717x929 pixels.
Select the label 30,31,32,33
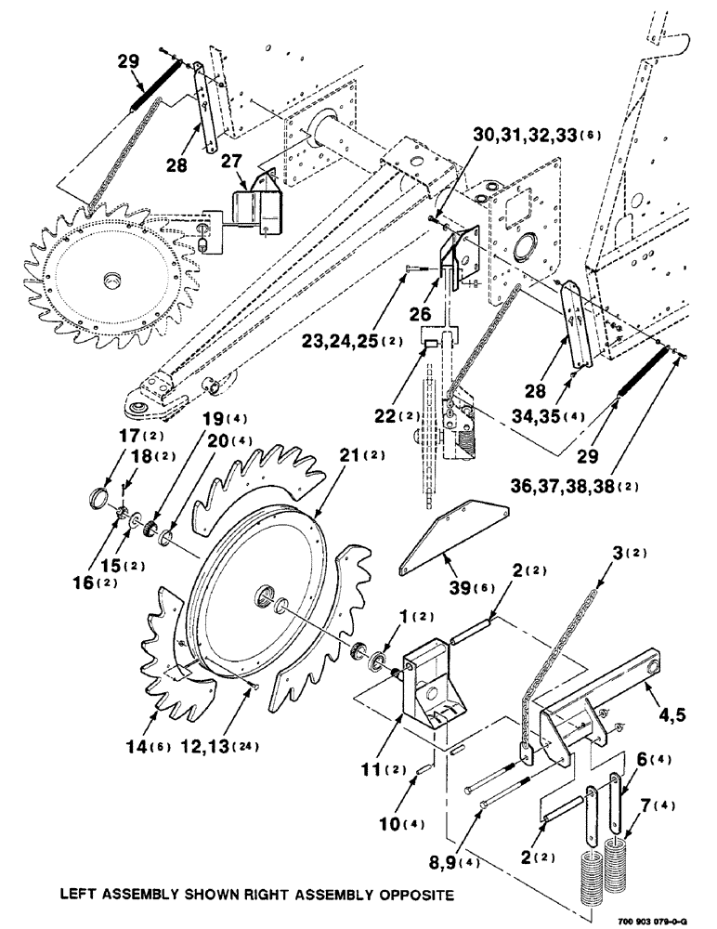534,134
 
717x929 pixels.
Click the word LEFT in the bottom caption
80,896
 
